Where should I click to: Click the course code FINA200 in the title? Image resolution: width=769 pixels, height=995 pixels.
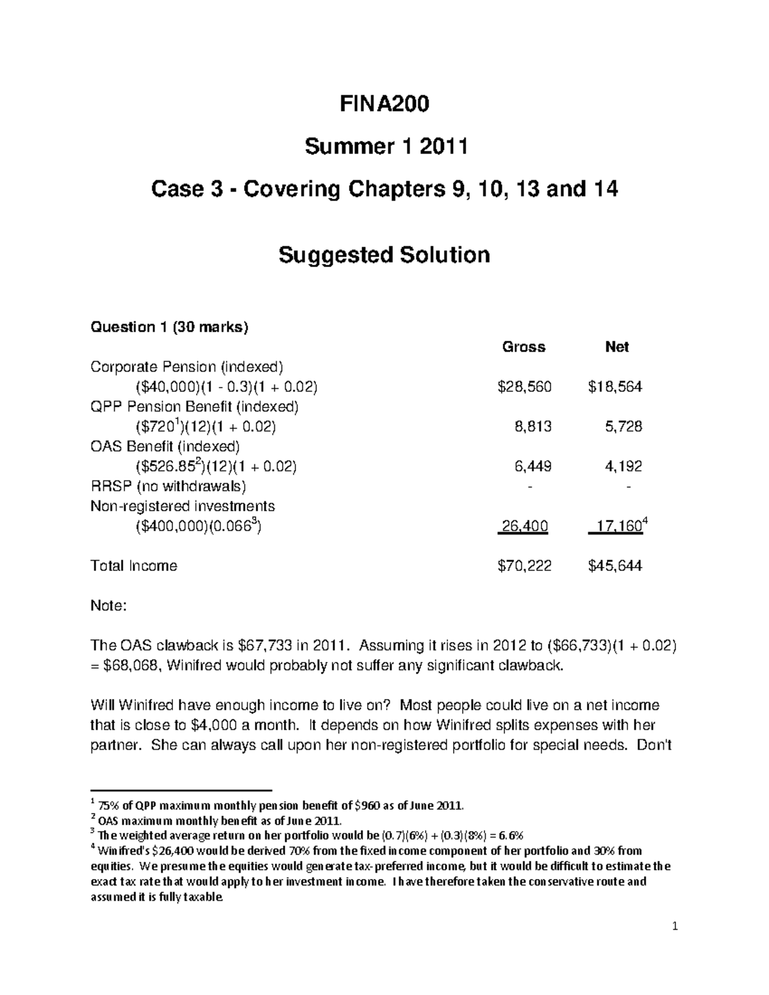coord(384,104)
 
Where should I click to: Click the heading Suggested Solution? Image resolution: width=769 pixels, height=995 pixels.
coord(384,255)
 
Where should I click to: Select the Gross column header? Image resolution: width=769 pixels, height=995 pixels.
coord(524,347)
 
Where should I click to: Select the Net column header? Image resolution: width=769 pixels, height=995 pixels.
coord(616,347)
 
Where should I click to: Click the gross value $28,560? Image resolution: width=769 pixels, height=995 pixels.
coord(524,387)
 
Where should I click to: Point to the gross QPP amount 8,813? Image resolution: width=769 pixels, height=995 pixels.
coord(533,427)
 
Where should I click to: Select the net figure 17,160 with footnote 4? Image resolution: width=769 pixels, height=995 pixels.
coord(618,527)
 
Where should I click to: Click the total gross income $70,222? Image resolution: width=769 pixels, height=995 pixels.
coord(524,566)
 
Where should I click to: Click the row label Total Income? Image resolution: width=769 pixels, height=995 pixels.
coord(133,566)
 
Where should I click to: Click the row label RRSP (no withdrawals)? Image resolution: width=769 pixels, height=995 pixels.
coord(168,486)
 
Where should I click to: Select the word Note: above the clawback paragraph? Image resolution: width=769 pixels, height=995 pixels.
coord(109,606)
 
